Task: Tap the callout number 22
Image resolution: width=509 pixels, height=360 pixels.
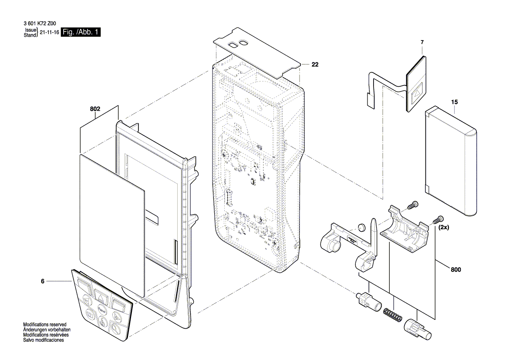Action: tap(315, 65)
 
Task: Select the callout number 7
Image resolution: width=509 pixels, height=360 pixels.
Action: tap(421, 42)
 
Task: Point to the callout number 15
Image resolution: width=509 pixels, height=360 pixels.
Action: tap(455, 102)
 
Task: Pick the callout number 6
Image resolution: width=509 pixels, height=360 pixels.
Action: tap(43, 282)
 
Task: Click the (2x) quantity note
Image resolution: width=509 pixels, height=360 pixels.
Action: tap(444, 228)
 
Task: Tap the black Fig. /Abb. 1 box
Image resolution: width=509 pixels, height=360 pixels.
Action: tap(81, 33)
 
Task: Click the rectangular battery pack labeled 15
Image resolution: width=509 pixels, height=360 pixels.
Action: tap(451, 161)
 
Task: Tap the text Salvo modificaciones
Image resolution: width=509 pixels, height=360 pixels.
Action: tap(44, 340)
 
